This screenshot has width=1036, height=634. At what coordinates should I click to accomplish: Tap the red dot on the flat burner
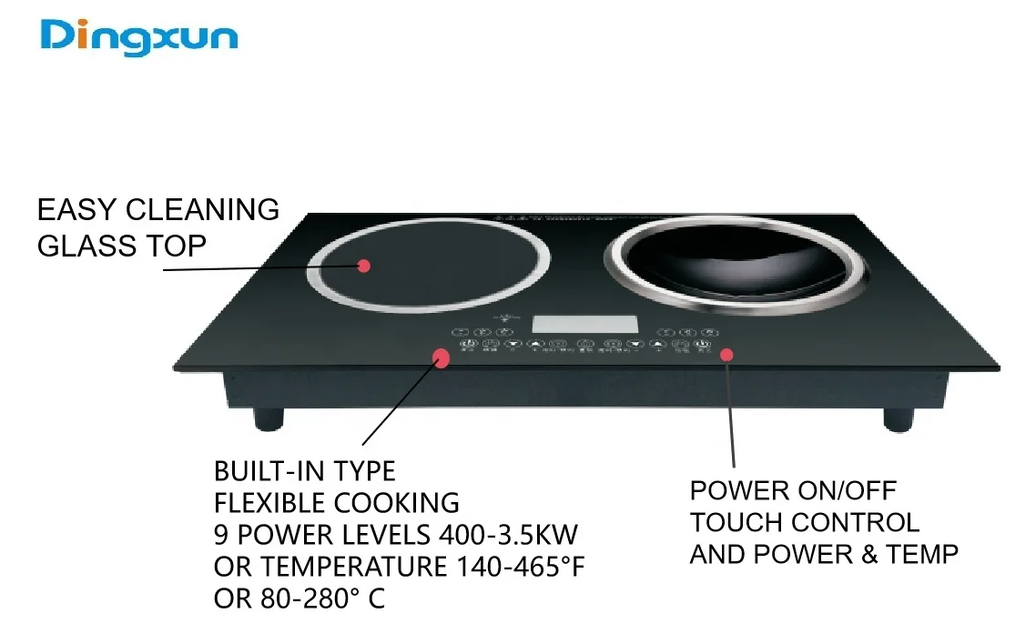(364, 266)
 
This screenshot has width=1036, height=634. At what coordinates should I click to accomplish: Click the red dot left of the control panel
(441, 357)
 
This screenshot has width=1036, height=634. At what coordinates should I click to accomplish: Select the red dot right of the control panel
(726, 354)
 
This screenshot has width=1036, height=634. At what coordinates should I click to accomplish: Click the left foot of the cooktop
(268, 418)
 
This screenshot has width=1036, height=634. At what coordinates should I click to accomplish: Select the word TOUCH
(736, 523)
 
